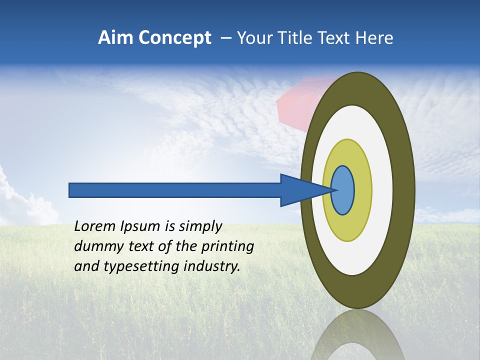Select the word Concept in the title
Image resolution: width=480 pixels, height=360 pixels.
(175, 38)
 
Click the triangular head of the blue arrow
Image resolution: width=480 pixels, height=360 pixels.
(300, 190)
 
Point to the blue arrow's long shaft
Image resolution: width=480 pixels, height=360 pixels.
(175, 190)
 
